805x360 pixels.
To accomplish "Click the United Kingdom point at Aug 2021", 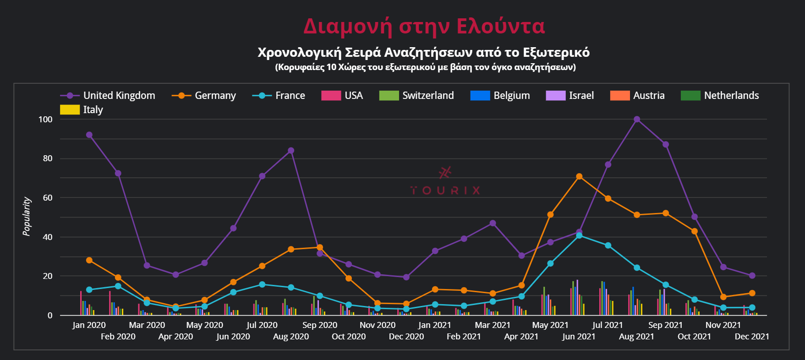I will (x=637, y=120).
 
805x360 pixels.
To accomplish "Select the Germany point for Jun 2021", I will (x=579, y=177).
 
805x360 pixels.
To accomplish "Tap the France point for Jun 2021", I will (x=579, y=235).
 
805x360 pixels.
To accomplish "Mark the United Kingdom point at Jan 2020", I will (x=89, y=135).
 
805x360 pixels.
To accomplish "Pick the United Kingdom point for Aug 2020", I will (x=291, y=151).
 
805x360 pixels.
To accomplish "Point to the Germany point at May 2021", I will (x=550, y=215).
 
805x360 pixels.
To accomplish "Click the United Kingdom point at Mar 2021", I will (x=493, y=224).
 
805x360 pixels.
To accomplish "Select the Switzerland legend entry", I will (x=416, y=96).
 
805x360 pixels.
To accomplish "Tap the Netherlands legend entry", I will (x=720, y=96).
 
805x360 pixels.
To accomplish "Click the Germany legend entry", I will (x=204, y=96).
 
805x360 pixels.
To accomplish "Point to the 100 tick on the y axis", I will (x=46, y=120).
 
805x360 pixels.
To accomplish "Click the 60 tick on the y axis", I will (x=48, y=198).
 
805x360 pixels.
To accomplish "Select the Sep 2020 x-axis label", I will (x=320, y=325).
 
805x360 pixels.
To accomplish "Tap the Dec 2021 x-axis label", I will (x=752, y=337).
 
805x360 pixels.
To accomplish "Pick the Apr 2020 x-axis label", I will (x=175, y=337).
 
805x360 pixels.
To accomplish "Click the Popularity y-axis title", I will (x=27, y=217).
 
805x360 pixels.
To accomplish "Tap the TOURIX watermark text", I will (x=445, y=190).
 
